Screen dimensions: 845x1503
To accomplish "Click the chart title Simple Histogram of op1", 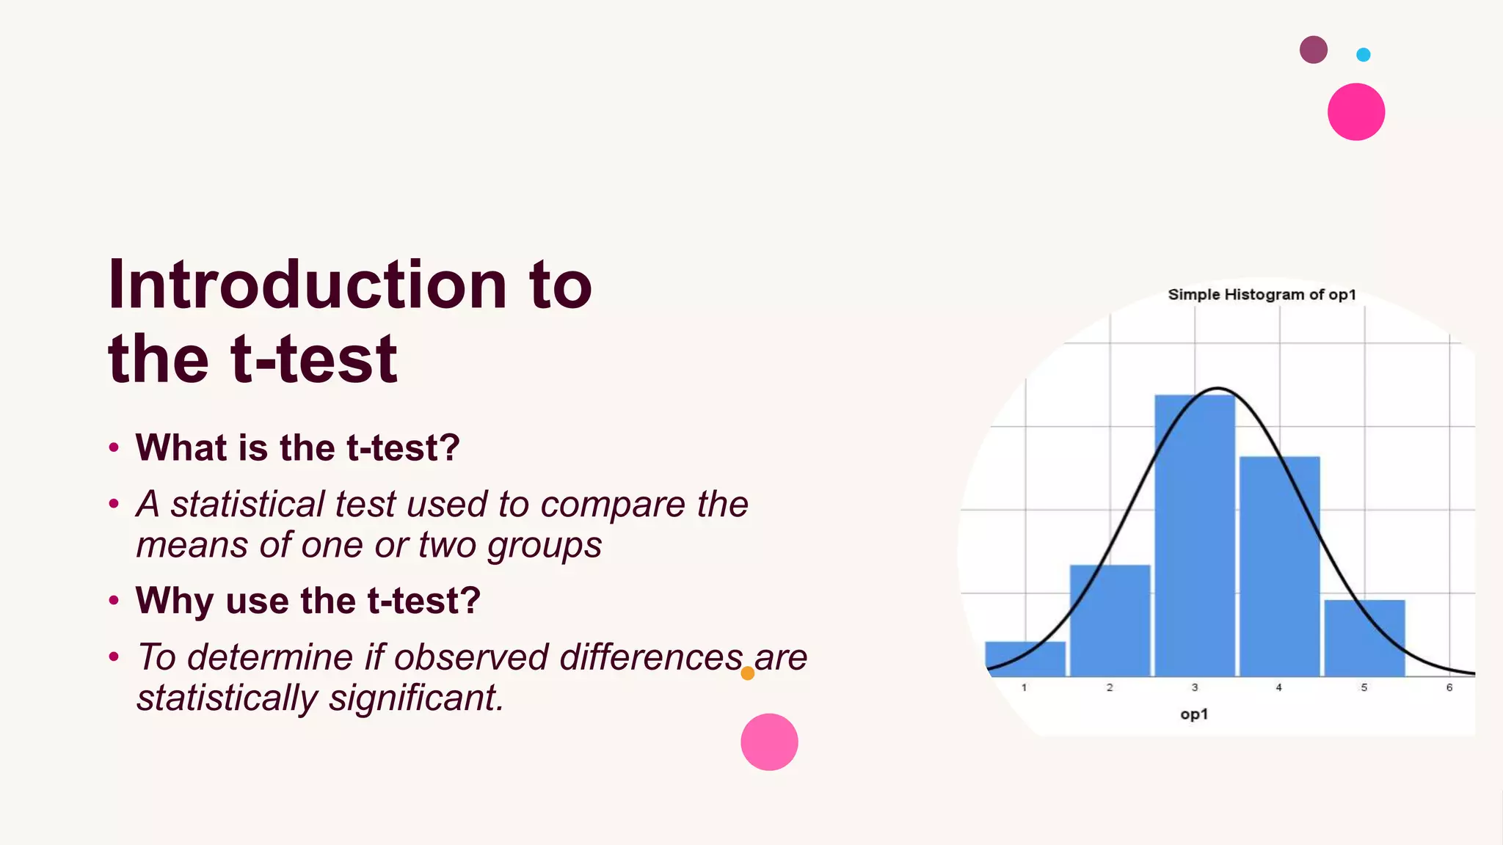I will [x=1262, y=295].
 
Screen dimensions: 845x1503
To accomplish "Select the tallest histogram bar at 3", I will [x=1195, y=535].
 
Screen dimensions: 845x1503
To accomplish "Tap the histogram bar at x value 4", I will [x=1279, y=565].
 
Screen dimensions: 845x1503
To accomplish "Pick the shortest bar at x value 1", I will [x=1025, y=659].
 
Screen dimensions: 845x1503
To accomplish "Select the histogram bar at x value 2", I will [x=1110, y=620].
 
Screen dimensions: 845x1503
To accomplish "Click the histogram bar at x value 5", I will [x=1364, y=637].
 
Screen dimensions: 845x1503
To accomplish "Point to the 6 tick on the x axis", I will [x=1449, y=687].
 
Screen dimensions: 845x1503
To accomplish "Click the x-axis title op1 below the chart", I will [x=1194, y=714].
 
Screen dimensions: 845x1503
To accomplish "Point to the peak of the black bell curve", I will [x=1218, y=388].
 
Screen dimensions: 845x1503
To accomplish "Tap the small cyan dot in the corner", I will [x=1363, y=54].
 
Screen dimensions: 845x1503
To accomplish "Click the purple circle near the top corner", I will [x=1313, y=50].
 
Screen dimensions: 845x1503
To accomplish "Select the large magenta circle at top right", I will [x=1355, y=111].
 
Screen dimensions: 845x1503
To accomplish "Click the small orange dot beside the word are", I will [x=747, y=673].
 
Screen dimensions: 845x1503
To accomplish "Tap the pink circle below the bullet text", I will [x=769, y=742].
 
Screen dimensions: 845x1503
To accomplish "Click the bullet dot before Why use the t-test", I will [x=114, y=600].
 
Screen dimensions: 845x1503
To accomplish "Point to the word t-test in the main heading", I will [x=314, y=359].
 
